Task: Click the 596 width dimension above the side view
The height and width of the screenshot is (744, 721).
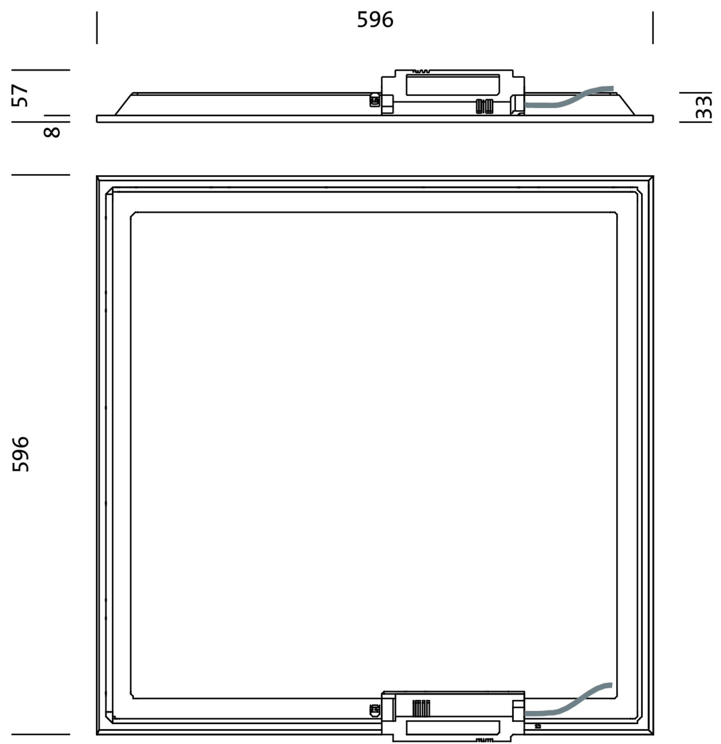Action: (375, 20)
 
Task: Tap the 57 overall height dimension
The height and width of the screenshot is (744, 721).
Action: (20, 96)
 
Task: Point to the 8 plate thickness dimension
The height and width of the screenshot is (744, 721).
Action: (52, 132)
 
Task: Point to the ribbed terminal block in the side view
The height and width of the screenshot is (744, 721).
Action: (485, 106)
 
